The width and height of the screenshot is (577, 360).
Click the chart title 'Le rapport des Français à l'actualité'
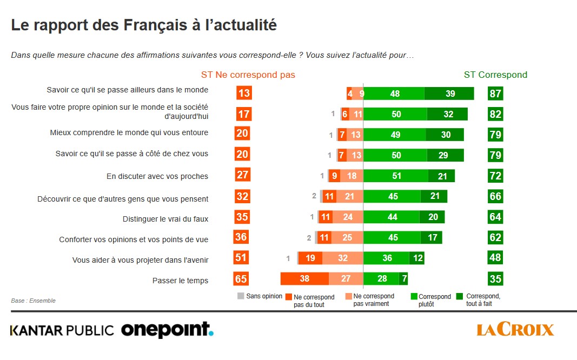(144, 25)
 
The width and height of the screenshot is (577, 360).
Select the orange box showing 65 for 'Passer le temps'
(241, 279)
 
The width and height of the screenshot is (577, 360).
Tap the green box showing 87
(495, 94)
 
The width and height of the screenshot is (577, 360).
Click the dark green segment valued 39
(449, 94)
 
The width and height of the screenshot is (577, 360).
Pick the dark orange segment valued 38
(304, 279)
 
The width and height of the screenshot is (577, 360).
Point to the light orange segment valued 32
(343, 258)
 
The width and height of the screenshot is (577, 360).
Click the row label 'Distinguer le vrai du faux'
(165, 219)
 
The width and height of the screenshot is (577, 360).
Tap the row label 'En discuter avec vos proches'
(157, 176)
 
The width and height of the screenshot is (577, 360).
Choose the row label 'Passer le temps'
(181, 281)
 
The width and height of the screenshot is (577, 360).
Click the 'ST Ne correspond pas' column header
(248, 75)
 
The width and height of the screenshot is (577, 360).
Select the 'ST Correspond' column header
(495, 75)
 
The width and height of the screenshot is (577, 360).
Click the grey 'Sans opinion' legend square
(241, 296)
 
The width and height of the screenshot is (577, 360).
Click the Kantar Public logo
(62, 330)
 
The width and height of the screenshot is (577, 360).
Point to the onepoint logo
(167, 329)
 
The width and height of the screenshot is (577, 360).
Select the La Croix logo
(515, 330)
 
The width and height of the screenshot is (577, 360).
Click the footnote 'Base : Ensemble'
(33, 301)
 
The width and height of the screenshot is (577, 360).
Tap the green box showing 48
(495, 258)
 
